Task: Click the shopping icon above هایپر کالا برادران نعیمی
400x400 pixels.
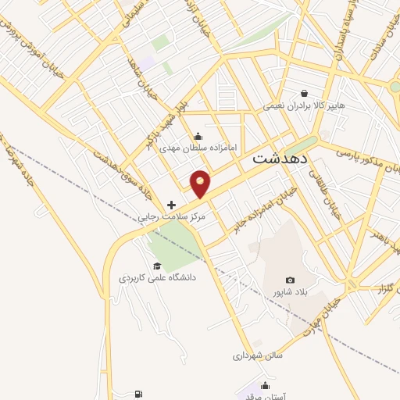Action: [315, 92]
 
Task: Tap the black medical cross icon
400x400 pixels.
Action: [172, 205]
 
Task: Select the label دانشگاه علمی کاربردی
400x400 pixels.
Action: [157, 277]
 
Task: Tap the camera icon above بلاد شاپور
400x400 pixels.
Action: [291, 280]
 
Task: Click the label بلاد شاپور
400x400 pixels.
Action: [286, 292]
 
